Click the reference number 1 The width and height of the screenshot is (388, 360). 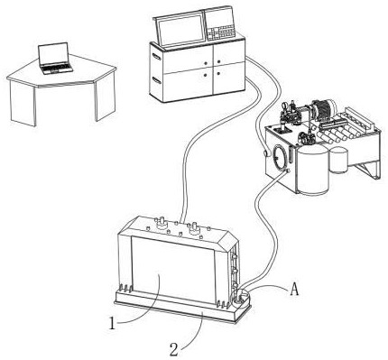pos(112,324)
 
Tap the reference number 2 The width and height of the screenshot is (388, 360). pos(174,349)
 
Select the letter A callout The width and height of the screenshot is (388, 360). pos(294,290)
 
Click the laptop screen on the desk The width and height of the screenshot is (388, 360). pos(53,54)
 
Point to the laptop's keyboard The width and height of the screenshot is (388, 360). pos(57,68)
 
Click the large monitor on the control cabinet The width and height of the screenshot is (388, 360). pos(180,29)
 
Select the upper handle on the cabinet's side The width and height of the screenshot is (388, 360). pos(156,56)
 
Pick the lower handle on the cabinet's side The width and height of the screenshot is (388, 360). pos(156,80)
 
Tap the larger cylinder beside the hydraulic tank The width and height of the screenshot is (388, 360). pos(313,170)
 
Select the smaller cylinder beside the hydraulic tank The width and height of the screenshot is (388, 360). pos(339,160)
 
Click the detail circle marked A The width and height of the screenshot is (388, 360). pos(241,296)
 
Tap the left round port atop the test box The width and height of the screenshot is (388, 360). pos(162,223)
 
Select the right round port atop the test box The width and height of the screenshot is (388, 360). pos(194,228)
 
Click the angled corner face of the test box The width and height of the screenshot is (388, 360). pos(227,241)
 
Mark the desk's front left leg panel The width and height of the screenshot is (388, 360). pos(23,103)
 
